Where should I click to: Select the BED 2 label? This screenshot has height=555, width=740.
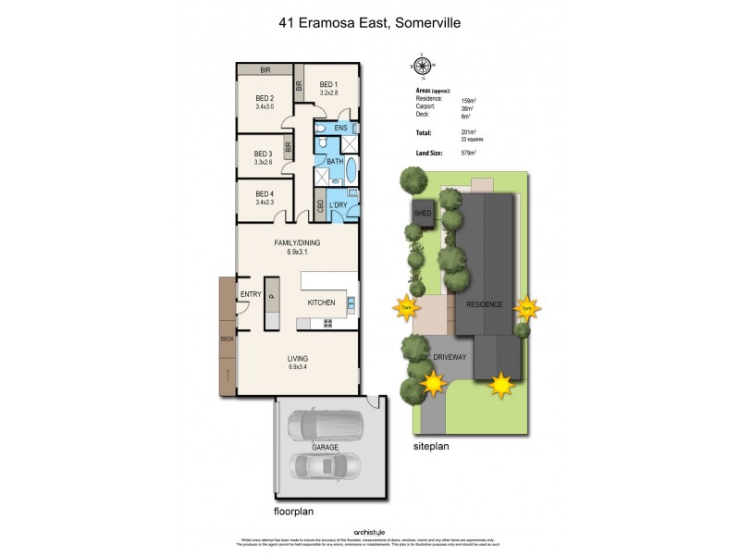[x=265, y=98]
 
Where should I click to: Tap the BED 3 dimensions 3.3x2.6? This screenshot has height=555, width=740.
[x=264, y=163]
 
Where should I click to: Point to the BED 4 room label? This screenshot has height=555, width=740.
[x=265, y=193]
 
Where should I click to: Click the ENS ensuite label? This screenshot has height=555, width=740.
[x=340, y=128]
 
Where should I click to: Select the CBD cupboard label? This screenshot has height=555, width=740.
[x=320, y=207]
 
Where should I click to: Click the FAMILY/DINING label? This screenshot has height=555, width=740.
[x=296, y=243]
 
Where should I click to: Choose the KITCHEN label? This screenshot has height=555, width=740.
[x=321, y=302]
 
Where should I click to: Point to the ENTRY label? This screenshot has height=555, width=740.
[x=251, y=294]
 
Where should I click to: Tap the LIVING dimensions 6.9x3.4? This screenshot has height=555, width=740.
[x=297, y=367]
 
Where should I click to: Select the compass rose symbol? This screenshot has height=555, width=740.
[x=424, y=65]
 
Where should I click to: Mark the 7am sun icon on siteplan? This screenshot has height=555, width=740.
[x=404, y=308]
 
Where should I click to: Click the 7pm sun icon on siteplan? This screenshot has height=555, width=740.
[x=527, y=308]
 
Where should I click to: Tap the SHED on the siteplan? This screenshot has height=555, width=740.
[x=424, y=212]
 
